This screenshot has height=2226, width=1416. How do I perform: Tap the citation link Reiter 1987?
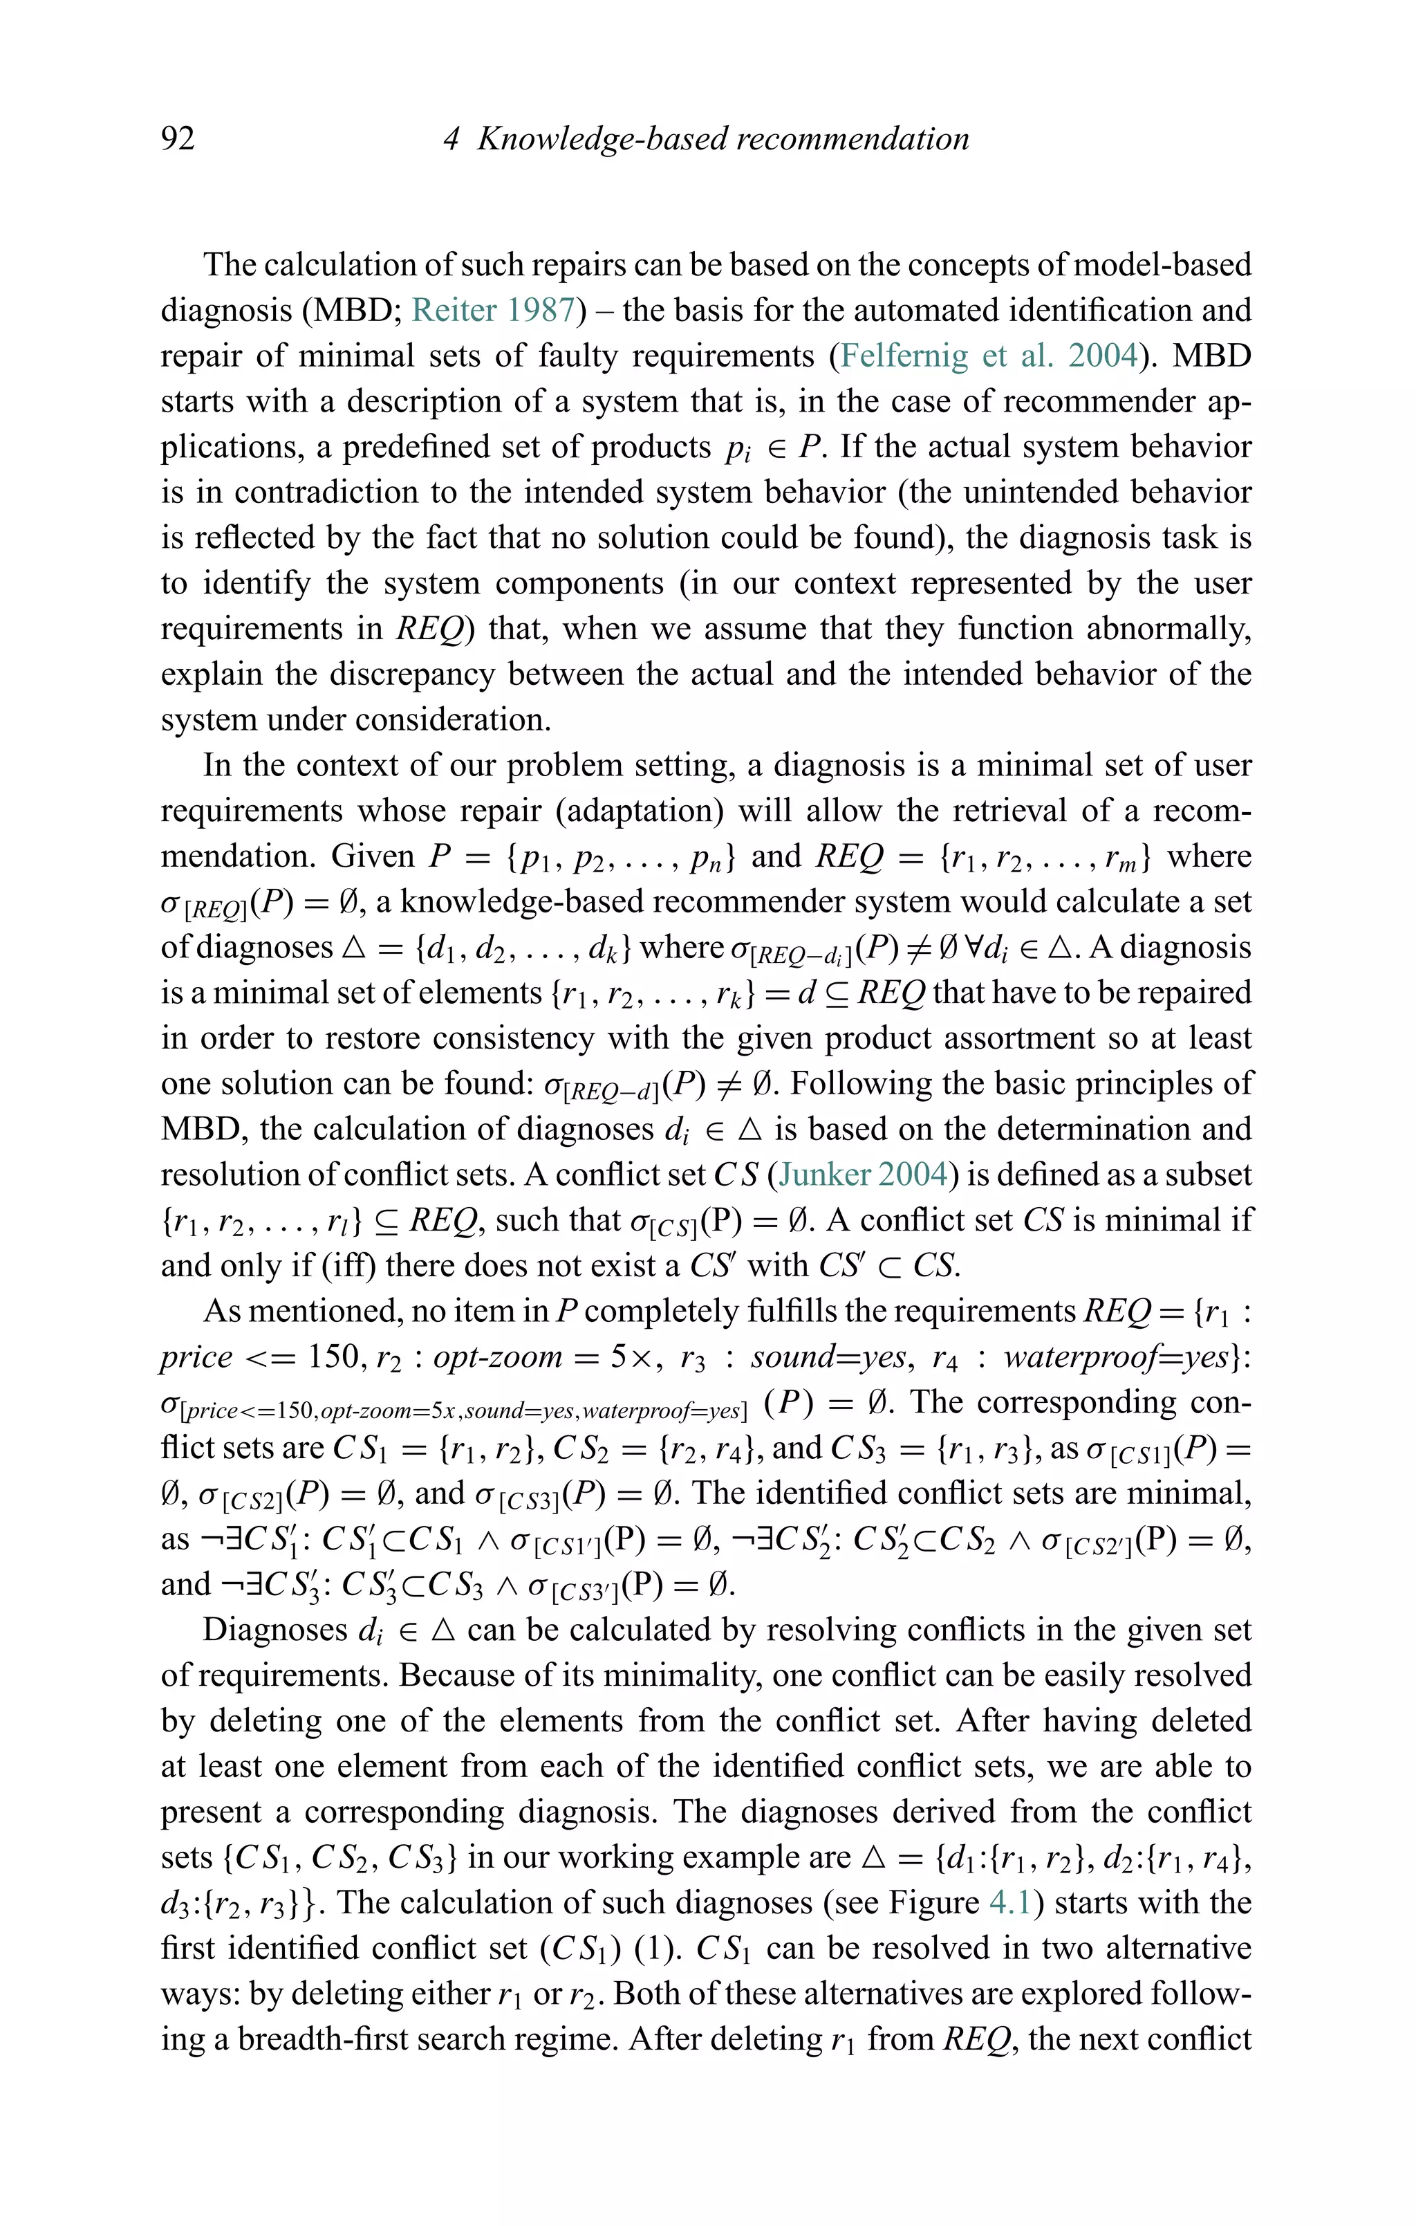(494, 310)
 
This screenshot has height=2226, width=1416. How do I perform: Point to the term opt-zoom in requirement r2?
(496, 1356)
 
